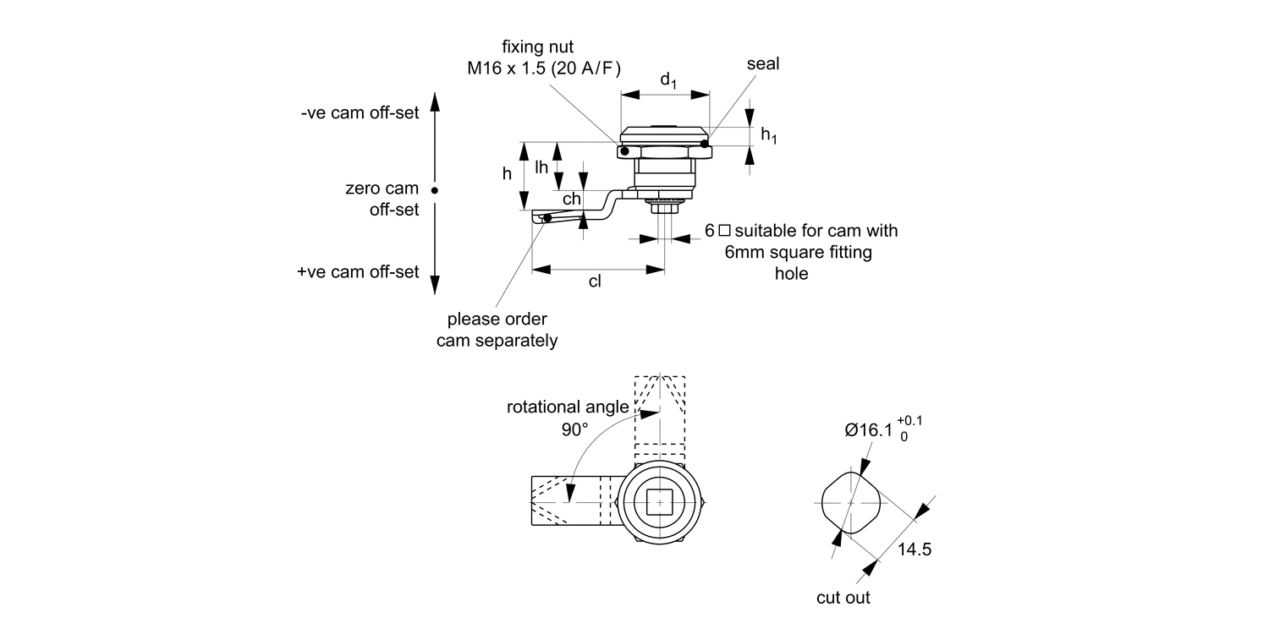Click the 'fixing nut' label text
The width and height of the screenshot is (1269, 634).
(544, 48)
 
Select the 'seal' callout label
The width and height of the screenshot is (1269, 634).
(763, 64)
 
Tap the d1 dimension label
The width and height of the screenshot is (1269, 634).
(667, 80)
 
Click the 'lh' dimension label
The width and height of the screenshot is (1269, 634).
(542, 167)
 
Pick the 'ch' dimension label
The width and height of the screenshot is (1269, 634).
(572, 199)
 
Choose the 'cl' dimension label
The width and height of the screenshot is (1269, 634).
(595, 281)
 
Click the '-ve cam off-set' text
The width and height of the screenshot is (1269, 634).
(360, 113)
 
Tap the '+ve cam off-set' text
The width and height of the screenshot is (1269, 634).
(359, 271)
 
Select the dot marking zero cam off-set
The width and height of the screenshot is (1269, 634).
(434, 190)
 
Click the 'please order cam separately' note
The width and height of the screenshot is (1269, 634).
(497, 330)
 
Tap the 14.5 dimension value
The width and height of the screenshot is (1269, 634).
(915, 549)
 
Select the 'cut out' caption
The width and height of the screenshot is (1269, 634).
(843, 598)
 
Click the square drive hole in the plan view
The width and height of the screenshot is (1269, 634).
(660, 502)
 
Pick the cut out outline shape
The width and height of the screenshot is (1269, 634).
(850, 501)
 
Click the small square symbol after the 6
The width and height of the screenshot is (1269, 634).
(723, 230)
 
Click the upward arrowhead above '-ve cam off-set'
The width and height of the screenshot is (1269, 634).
(434, 102)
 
